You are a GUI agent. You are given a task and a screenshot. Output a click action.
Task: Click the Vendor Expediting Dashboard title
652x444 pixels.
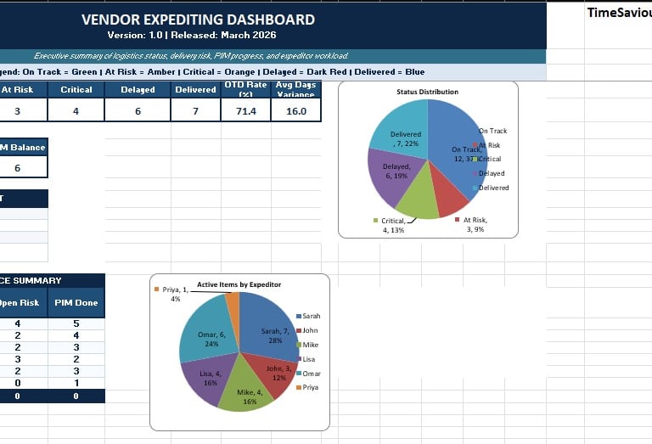tap(198, 20)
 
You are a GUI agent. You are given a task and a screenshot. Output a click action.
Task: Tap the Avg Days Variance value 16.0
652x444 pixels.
tap(296, 111)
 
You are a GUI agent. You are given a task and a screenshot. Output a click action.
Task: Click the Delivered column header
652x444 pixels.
tap(195, 90)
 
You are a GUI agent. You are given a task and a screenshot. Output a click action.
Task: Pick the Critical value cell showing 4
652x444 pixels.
tap(76, 111)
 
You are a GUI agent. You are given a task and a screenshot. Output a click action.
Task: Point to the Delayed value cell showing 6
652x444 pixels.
tap(138, 111)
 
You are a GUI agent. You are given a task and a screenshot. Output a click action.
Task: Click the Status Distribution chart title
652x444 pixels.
tap(427, 92)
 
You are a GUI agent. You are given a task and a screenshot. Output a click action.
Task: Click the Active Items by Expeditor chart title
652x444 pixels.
tap(239, 284)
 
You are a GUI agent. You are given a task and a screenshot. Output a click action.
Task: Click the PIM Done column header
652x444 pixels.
tap(76, 302)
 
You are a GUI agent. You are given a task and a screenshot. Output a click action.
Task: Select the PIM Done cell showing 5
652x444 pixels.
tap(76, 323)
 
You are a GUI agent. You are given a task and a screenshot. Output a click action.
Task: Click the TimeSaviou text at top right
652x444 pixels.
tap(619, 13)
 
